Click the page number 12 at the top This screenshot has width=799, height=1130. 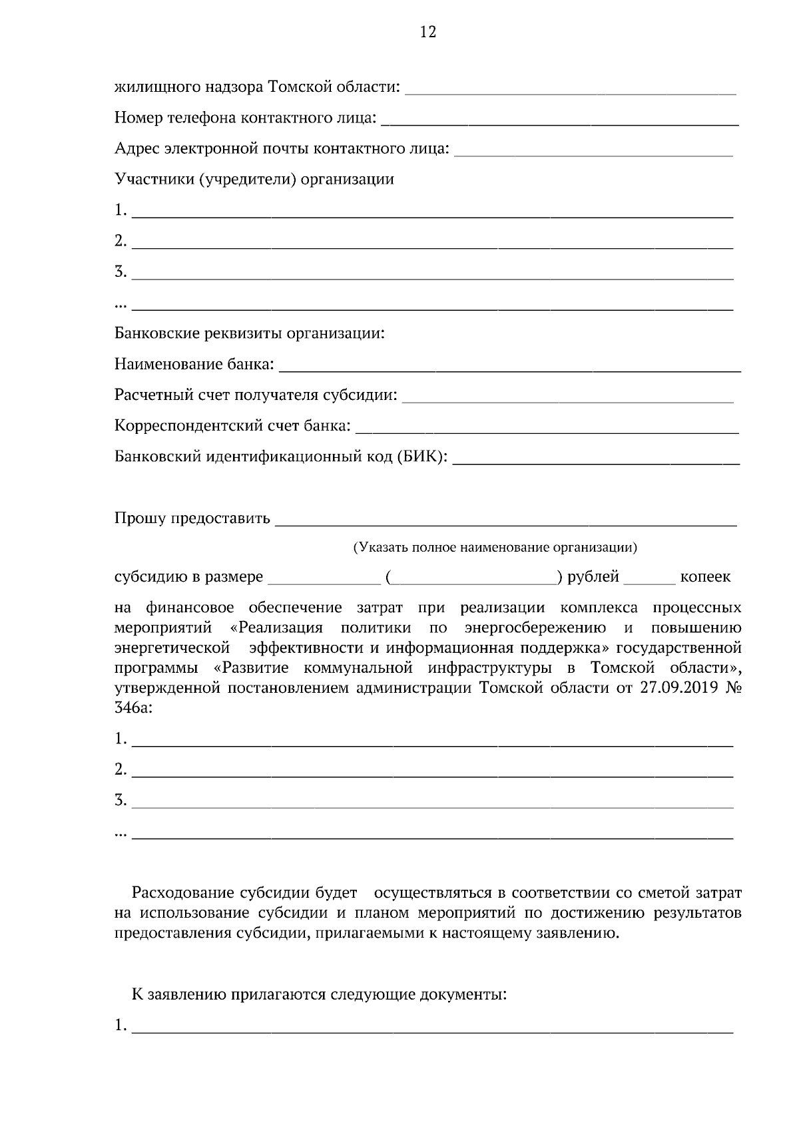(x=428, y=32)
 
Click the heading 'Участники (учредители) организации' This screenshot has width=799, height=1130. (x=254, y=179)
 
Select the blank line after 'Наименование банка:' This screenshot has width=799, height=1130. (x=509, y=368)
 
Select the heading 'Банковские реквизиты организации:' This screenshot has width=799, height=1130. (x=250, y=333)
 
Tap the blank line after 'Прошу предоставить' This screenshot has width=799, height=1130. (x=506, y=522)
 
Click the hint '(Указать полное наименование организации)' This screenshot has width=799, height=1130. (x=495, y=548)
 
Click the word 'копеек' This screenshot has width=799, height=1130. (x=705, y=577)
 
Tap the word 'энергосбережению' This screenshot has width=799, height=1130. (x=535, y=628)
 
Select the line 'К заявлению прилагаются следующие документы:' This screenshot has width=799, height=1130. (x=319, y=995)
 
